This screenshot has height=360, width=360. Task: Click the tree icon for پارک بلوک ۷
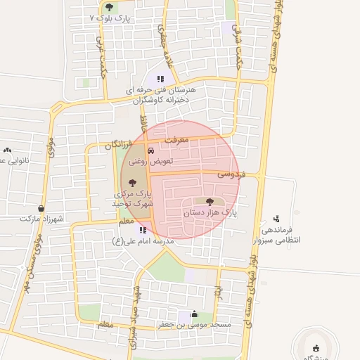tap(108, 7)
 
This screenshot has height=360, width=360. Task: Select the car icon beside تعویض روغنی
tap(150, 151)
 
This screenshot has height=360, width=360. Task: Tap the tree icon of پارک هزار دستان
tap(210, 202)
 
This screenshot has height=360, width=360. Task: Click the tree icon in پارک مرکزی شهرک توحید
tap(132, 183)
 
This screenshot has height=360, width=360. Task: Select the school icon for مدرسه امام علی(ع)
tap(143, 230)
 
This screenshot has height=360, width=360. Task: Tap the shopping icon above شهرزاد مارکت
tap(41, 209)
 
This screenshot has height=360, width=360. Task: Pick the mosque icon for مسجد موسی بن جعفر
tap(194, 315)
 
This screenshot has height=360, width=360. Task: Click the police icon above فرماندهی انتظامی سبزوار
tap(276, 219)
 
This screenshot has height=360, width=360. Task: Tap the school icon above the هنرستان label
tap(160, 79)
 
